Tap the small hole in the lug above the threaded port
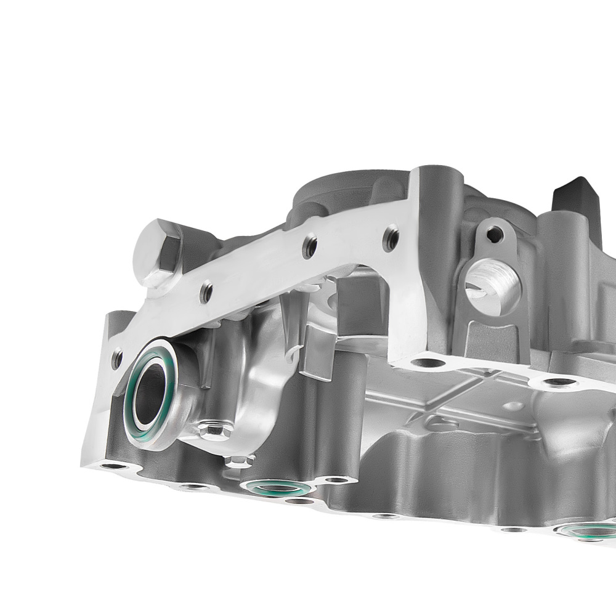[492, 233]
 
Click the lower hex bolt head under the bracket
[238, 461]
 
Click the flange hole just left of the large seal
[117, 357]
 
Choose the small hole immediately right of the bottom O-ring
[336, 480]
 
